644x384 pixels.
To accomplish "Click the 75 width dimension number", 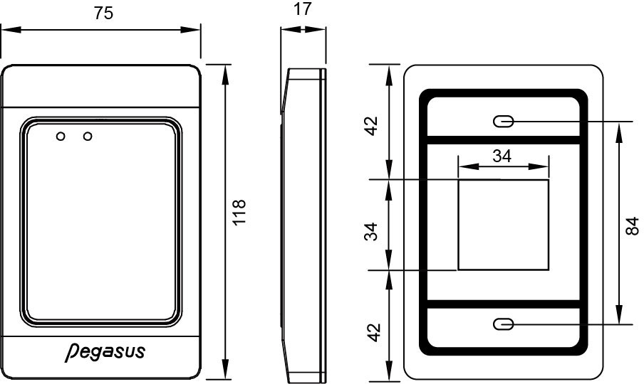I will tap(105, 14).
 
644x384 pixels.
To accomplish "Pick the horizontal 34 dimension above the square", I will tap(502, 156).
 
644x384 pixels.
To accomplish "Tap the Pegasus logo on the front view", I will tap(103, 351).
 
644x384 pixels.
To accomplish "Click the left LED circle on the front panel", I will tap(61, 135).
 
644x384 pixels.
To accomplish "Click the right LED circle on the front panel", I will tap(88, 135).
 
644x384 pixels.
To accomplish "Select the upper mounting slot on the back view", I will tap(503, 122).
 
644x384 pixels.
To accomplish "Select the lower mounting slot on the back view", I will tap(503, 324).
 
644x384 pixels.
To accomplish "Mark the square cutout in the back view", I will tap(503, 225).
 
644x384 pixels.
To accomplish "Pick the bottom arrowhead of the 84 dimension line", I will tap(619, 319).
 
